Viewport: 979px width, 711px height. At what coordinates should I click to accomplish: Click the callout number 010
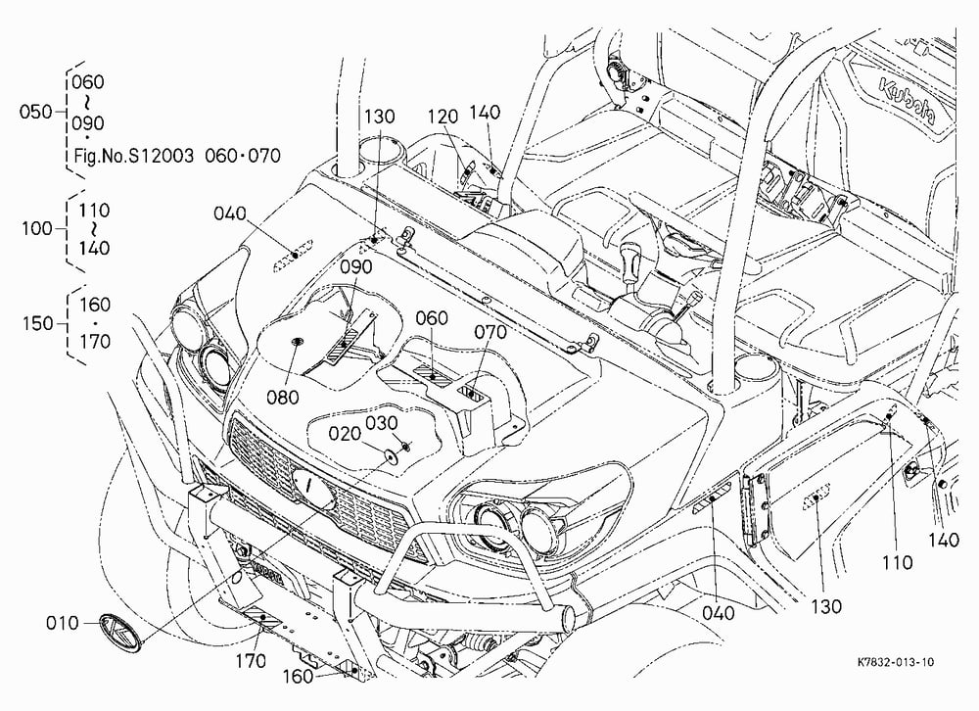63,623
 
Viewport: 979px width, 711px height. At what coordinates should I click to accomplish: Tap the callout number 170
250,660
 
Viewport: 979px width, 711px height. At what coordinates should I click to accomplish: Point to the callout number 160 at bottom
298,677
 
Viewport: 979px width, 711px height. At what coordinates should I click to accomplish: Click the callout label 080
282,397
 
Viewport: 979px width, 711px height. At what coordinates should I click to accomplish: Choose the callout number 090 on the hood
356,266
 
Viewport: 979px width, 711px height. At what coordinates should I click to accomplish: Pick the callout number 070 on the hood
490,332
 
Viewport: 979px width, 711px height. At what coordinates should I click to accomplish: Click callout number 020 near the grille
345,434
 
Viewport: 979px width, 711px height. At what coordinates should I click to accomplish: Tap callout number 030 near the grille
382,423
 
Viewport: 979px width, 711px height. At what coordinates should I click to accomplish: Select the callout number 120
443,117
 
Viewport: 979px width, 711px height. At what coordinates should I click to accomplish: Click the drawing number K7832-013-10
896,662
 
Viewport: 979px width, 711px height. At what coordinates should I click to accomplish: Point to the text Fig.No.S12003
133,156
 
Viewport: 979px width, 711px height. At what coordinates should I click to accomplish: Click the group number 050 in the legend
35,112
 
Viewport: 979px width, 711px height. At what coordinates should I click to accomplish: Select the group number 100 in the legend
37,228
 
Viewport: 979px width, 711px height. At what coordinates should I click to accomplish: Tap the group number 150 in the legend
37,323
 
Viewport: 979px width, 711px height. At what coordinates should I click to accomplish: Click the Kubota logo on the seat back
907,102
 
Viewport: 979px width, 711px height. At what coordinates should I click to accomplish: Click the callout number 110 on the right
897,563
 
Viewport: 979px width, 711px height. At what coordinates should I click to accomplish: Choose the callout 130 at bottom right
826,606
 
